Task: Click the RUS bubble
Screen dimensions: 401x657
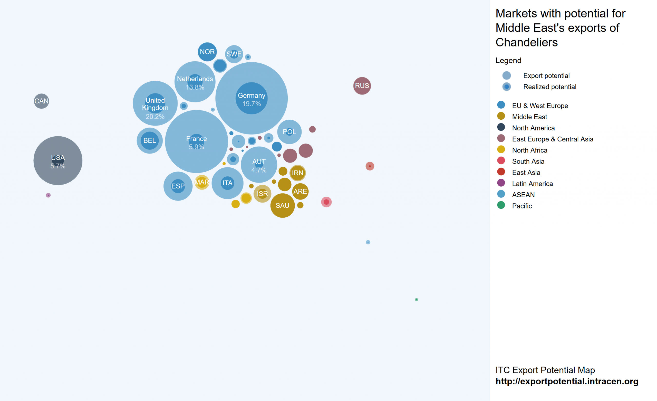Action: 362,86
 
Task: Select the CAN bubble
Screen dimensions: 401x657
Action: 41,101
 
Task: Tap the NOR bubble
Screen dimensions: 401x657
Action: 207,52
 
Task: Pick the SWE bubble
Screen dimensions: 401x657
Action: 234,54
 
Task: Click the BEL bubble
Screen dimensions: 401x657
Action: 150,141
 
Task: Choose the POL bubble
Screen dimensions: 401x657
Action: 289,132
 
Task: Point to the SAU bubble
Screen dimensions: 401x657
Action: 282,205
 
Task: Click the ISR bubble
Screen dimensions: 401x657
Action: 262,194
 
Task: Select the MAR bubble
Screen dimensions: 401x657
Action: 201,182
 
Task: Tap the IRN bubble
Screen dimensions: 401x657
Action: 297,173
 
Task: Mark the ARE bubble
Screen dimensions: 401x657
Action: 300,192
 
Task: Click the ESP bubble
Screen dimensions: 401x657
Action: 178,186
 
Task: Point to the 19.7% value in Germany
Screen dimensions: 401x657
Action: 252,104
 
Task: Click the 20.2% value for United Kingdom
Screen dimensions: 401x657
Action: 155,117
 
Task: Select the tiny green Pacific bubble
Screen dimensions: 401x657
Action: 417,300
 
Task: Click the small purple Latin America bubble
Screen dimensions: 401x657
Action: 48,195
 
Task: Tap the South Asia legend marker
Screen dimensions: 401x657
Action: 501,161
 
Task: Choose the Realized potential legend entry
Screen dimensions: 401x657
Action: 549,87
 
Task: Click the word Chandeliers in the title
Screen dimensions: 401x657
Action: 526,42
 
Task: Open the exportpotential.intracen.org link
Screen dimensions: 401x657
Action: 567,381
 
